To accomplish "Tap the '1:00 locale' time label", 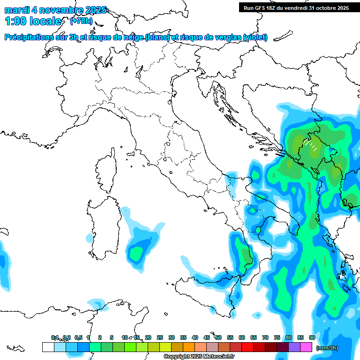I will pos(33,21).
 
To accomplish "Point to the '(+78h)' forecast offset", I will pos(81,21).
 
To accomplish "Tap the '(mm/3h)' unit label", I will pos(327,348).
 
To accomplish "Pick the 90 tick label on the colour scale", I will pos(312,337).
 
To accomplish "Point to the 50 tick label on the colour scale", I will pos(218,337).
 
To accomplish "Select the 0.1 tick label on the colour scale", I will pos(55,337).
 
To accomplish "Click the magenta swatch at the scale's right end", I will pos(306,347).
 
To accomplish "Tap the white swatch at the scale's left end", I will pos(48,347).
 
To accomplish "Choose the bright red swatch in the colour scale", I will pos(247,347).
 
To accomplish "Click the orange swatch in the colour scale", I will pos(189,347).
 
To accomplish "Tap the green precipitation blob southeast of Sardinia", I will pos(136,254).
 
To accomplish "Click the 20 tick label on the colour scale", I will pos(148,337).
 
